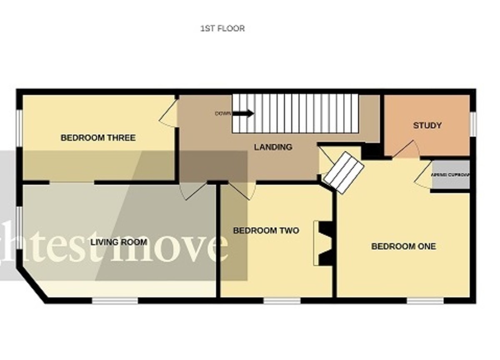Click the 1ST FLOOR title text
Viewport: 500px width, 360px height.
[222, 29]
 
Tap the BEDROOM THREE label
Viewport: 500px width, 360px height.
[98, 137]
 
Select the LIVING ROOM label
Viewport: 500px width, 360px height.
[119, 242]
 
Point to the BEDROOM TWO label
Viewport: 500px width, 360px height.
[266, 230]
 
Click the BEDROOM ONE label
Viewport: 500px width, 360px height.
[403, 246]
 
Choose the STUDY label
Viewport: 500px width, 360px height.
[427, 125]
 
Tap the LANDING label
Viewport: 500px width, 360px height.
[273, 147]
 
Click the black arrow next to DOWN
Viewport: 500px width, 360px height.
[243, 113]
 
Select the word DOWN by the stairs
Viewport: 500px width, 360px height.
[223, 113]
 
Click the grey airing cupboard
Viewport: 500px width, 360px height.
[450, 175]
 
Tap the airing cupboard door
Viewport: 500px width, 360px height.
[424, 175]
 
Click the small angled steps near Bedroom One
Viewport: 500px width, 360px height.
[344, 172]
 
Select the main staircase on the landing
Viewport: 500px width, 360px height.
[295, 113]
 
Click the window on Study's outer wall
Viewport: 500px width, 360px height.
[473, 124]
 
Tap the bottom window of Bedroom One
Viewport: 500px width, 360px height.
[425, 300]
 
